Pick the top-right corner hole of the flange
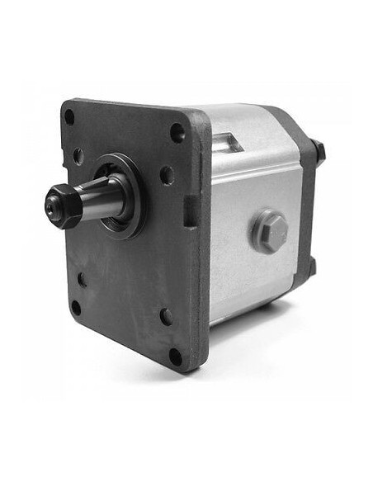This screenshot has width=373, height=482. click(177, 132)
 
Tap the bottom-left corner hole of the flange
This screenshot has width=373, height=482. click(76, 308)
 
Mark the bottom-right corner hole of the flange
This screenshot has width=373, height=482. click(175, 357)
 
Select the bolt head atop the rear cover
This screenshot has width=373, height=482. click(319, 151)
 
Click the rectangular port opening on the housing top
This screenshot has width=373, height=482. click(226, 142)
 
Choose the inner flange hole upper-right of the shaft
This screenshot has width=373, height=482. click(167, 175)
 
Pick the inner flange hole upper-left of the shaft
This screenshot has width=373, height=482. click(78, 155)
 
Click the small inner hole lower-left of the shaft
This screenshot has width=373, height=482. click(82, 279)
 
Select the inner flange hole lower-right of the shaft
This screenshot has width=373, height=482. click(166, 316)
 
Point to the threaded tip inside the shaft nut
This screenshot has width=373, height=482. click(52, 206)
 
